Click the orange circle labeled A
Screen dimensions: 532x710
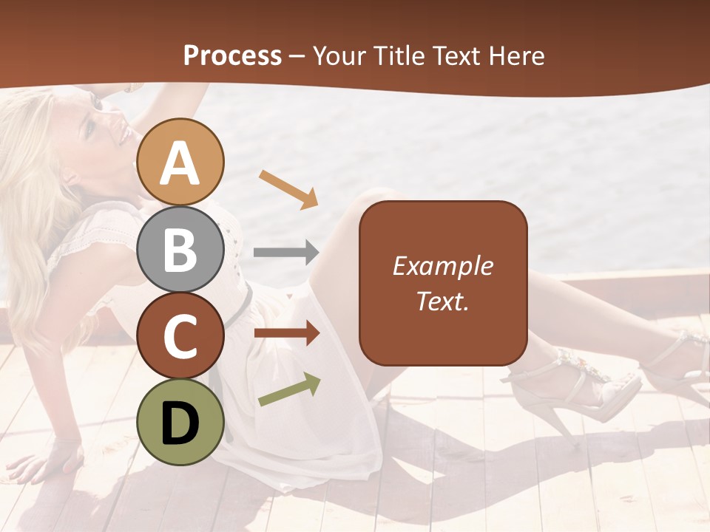pos(180,162)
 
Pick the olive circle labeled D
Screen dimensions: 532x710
pos(180,422)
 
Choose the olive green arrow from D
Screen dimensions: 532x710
pos(289,389)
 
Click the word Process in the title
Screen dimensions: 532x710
pos(232,55)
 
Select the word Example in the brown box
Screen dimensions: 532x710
pos(442,266)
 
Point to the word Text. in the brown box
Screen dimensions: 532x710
pos(442,301)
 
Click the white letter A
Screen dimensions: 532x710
pos(180,163)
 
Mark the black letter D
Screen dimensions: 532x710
pos(180,423)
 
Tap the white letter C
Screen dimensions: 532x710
pos(180,336)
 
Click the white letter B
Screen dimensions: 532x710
pos(180,250)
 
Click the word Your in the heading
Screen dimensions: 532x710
pos(338,55)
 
